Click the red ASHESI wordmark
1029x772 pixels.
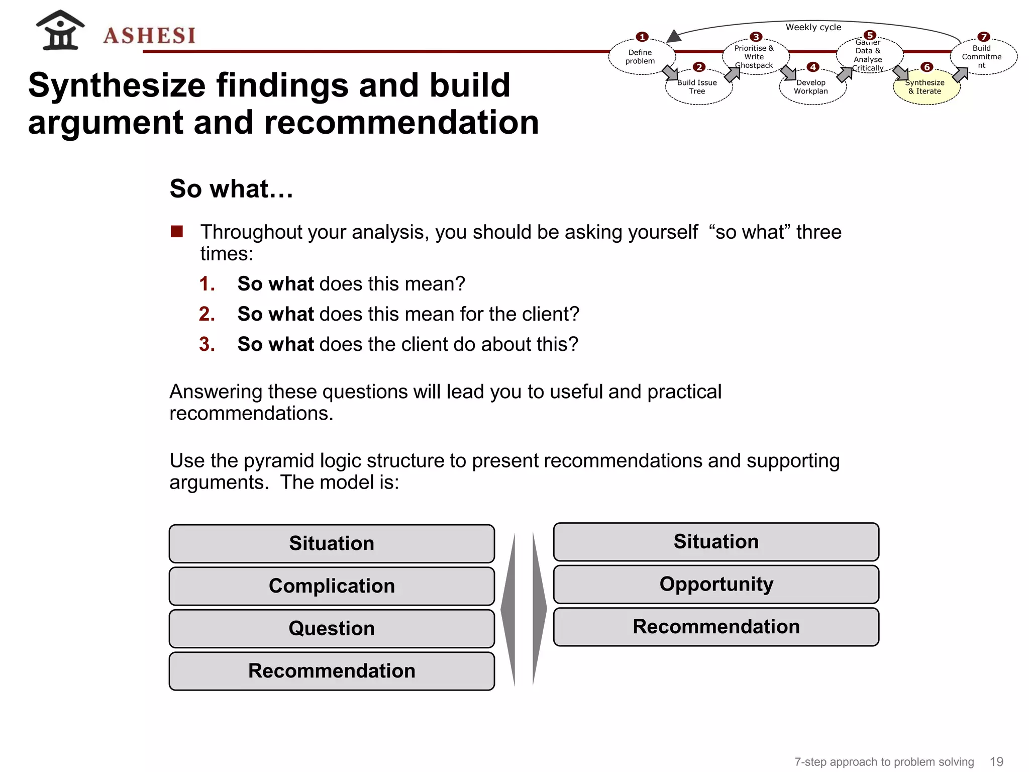pyautogui.click(x=149, y=36)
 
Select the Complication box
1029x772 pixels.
pyautogui.click(x=332, y=586)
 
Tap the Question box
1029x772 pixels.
pyautogui.click(x=332, y=628)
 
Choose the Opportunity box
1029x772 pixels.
pyautogui.click(x=716, y=584)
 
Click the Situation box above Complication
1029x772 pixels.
pyautogui.click(x=332, y=543)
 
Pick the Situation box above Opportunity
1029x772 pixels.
pyautogui.click(x=716, y=541)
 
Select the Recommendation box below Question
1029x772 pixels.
pyautogui.click(x=332, y=671)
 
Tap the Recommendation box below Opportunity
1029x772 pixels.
pyautogui.click(x=716, y=627)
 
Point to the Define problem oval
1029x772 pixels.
pyautogui.click(x=640, y=57)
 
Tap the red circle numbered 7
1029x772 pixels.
pyautogui.click(x=984, y=37)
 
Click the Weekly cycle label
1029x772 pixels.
pyautogui.click(x=813, y=27)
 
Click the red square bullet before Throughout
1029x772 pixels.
pyautogui.click(x=177, y=231)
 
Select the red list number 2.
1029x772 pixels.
pyautogui.click(x=207, y=314)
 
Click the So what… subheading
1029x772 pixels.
pyautogui.click(x=231, y=189)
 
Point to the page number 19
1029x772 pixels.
pyautogui.click(x=996, y=762)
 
